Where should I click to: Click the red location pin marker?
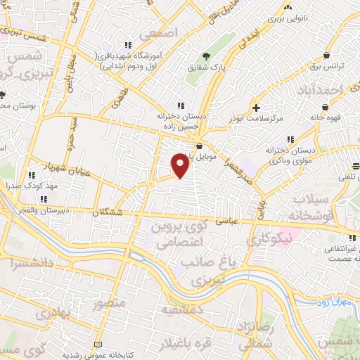(181, 166)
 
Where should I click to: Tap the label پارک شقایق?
(202, 67)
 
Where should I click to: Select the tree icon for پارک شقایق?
(206, 56)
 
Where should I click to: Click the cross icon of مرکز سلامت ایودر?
(257, 108)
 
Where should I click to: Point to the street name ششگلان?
(107, 211)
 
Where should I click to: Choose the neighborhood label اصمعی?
(155, 34)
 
